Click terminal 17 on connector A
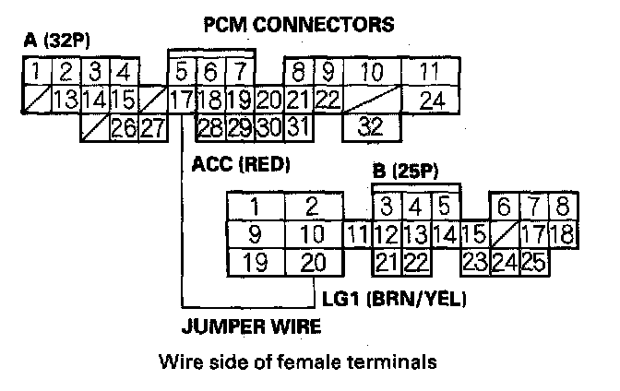(x=182, y=99)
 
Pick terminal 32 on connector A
(x=371, y=125)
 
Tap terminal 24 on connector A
(x=431, y=99)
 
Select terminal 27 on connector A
(x=153, y=126)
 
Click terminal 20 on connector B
(x=313, y=262)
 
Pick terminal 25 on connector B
(x=532, y=262)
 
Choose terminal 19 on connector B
(x=256, y=262)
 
